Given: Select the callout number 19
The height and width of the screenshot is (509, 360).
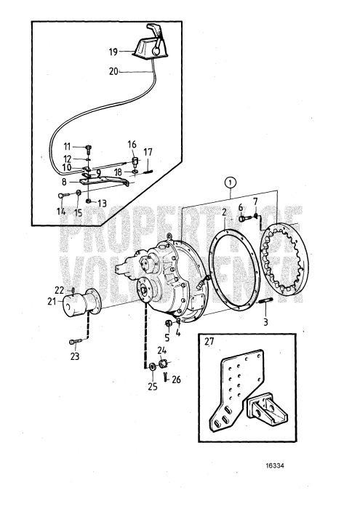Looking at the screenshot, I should click(x=113, y=52).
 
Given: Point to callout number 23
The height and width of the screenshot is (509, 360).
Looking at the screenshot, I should click(x=74, y=356).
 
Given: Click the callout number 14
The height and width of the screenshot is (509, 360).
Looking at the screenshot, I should click(x=60, y=212).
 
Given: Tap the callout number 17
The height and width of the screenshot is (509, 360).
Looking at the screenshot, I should click(x=147, y=152).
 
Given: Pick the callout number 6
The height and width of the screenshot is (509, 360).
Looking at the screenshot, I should click(x=240, y=207).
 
